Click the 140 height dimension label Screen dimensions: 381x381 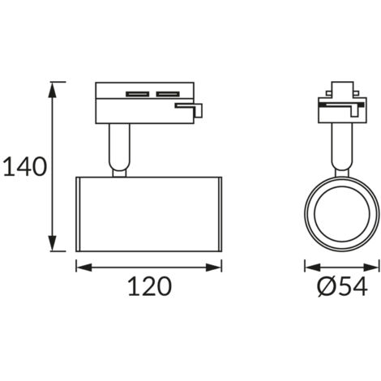coord(25,166)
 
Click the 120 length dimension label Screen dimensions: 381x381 coord(149,286)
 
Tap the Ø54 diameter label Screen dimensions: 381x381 coord(342,286)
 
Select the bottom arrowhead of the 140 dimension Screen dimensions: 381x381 coord(52,243)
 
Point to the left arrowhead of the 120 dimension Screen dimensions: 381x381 coord(84,268)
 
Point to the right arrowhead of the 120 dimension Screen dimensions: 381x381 coord(213,268)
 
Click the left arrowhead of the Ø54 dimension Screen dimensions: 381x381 coord(313,268)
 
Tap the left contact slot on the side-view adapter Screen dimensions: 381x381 coord(138,94)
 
